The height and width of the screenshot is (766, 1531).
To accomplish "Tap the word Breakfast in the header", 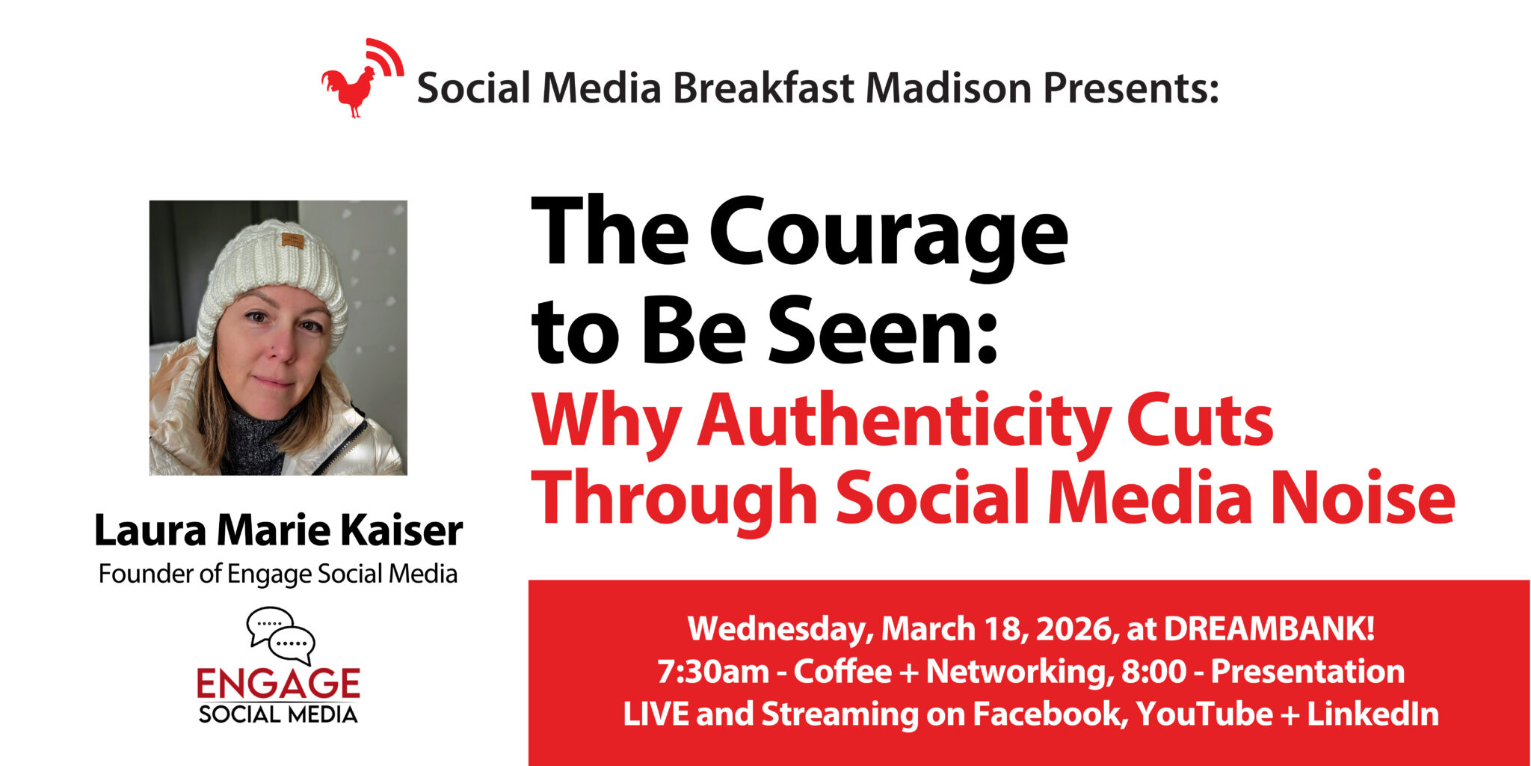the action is [763, 88].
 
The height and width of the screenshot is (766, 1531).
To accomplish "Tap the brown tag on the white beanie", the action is [292, 241].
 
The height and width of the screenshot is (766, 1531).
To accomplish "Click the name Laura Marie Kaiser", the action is [278, 530].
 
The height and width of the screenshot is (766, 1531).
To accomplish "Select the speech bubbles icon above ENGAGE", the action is [281, 636].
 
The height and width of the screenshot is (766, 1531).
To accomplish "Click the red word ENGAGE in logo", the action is [278, 684].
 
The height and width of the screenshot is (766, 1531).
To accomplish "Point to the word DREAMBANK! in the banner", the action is [1269, 628].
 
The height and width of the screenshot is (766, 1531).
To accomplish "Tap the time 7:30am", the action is [713, 671].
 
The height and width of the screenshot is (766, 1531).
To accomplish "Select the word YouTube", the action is [1204, 714].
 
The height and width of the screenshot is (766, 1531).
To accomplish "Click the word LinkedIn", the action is [1373, 714].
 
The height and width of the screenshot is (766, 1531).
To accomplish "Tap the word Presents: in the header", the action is [1131, 88].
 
